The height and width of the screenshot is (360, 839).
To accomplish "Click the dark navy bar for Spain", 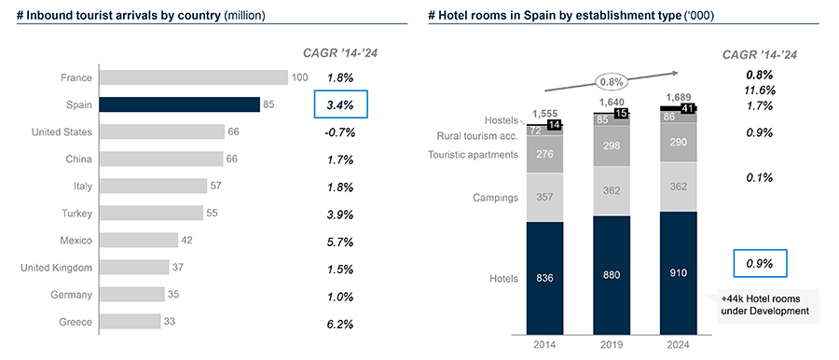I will (179, 104).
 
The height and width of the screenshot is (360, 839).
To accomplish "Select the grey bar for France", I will (193, 77).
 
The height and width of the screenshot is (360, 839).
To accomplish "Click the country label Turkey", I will (75, 214).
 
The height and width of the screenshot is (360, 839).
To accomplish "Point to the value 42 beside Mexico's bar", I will (187, 241).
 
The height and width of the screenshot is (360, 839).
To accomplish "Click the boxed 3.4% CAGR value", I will (340, 104).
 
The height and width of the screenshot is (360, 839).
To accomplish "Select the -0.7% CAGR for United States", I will (340, 132).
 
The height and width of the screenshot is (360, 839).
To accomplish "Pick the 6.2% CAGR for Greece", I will (340, 323).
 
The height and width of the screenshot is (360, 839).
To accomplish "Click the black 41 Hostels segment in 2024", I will (684, 108).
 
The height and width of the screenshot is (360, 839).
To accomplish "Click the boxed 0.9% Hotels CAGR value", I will (760, 264).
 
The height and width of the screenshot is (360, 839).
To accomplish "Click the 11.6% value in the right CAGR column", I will (760, 90).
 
